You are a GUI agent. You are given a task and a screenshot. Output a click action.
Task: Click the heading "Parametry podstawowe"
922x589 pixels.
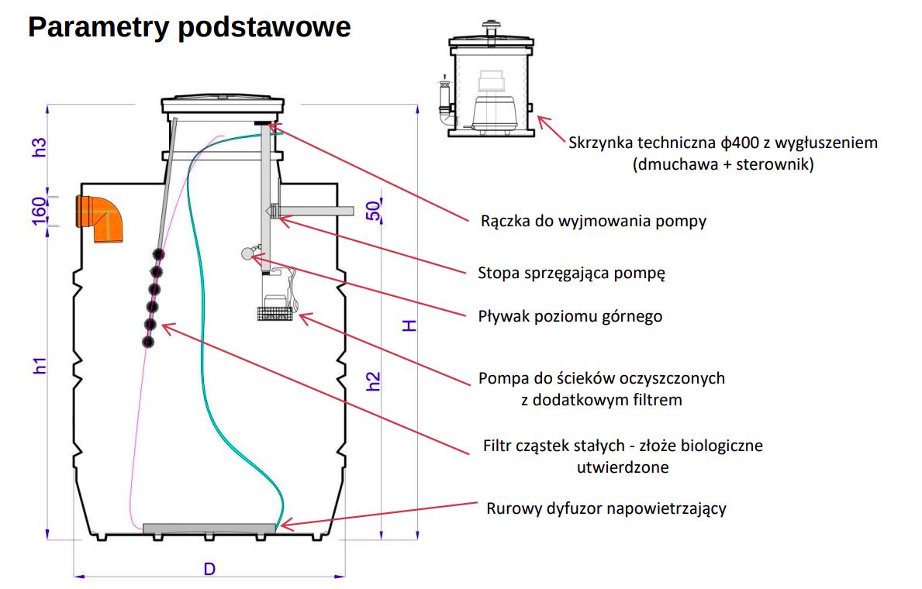click(x=189, y=27)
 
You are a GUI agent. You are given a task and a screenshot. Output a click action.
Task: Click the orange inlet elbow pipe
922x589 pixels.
click(x=97, y=218)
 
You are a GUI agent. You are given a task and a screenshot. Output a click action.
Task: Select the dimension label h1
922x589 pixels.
click(x=40, y=366)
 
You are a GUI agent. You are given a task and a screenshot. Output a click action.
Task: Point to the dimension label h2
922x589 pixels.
click(x=374, y=381)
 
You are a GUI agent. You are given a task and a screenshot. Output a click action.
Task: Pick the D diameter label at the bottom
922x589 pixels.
click(x=209, y=569)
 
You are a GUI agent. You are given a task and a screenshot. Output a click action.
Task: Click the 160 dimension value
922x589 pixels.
click(x=40, y=209)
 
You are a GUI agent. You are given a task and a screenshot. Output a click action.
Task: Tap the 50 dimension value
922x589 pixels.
click(x=374, y=211)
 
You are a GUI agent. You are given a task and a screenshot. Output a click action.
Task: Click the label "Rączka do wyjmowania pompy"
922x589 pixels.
click(x=593, y=221)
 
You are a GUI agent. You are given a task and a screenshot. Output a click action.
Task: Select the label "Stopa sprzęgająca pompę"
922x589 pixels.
click(x=572, y=273)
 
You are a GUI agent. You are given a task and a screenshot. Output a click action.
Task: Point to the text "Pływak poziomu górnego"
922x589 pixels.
click(x=570, y=316)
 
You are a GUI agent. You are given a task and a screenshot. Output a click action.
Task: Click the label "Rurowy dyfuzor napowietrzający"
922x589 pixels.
click(x=606, y=508)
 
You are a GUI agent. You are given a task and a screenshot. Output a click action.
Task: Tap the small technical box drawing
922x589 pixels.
click(x=489, y=84)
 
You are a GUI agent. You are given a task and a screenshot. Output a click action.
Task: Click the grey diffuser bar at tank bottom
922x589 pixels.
click(x=209, y=528)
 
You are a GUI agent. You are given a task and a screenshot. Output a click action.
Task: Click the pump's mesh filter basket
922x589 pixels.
click(x=275, y=314)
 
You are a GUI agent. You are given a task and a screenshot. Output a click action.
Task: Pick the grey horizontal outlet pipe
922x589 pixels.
click(x=318, y=211)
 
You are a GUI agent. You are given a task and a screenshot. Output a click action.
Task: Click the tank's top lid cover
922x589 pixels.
click(x=223, y=103)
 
